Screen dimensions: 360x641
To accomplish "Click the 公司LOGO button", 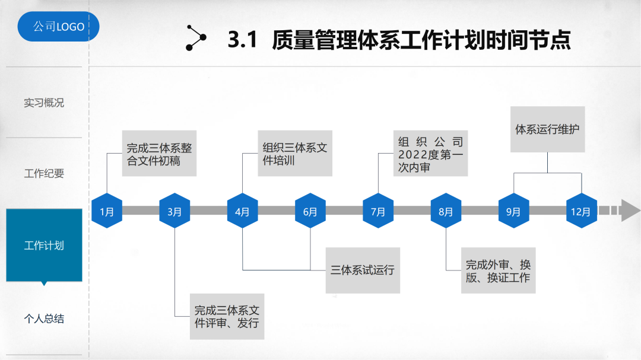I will (x=58, y=27).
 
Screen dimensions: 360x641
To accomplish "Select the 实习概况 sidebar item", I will (x=44, y=103).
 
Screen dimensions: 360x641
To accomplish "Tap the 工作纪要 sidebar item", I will (x=44, y=174).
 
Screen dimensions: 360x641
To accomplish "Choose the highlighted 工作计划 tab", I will (x=44, y=245).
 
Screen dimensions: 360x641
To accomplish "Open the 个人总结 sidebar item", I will (x=44, y=319).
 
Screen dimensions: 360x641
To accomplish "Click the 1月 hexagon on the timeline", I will (x=107, y=211).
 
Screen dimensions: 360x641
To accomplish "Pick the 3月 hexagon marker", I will (x=174, y=211).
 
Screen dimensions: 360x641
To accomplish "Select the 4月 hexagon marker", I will (x=242, y=211).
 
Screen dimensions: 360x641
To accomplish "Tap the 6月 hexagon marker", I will (x=310, y=211).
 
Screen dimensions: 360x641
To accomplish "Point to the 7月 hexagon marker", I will (x=378, y=211).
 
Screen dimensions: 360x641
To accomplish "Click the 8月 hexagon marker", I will (x=446, y=211).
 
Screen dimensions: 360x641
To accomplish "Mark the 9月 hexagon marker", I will (x=513, y=211).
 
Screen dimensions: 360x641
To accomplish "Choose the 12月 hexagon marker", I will (x=581, y=211).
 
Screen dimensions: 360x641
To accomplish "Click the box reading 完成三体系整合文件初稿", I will (x=159, y=154).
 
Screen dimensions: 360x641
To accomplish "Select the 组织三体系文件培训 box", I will (x=295, y=154).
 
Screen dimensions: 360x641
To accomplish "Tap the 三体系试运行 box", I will (x=362, y=270).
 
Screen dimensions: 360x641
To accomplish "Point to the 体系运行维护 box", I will (x=547, y=129).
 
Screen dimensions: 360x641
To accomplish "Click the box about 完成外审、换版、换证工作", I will (x=498, y=271).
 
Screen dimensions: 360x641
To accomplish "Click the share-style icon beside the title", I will (x=196, y=38).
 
